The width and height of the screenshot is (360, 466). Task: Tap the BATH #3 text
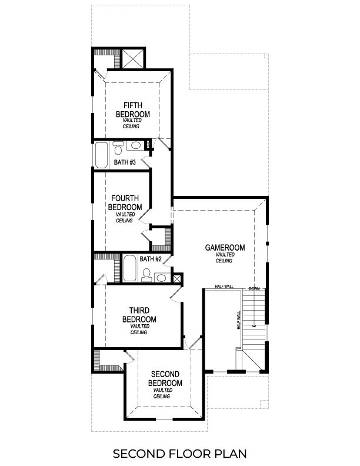point(125,162)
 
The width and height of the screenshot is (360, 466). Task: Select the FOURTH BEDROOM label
point(125,203)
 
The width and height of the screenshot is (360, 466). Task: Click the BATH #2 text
point(151,259)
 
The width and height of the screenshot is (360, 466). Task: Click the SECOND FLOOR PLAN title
point(179,453)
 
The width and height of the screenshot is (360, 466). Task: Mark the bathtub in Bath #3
point(101,154)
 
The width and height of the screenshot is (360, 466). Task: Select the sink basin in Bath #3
point(135,145)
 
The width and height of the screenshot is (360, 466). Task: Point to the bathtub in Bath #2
point(130,269)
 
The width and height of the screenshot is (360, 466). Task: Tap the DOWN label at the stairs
point(254,289)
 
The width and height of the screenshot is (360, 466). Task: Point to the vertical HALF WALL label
point(239,321)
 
